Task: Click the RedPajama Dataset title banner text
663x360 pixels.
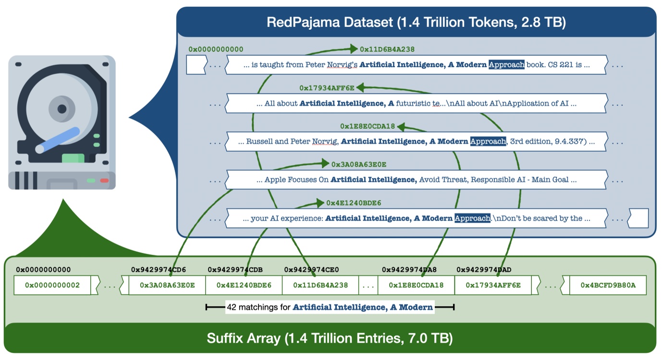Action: (416, 23)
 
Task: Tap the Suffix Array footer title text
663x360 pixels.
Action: (330, 338)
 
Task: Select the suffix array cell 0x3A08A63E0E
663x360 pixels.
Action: (167, 285)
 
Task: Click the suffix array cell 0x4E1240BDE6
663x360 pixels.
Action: (244, 285)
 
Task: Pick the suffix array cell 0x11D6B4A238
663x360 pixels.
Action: (320, 285)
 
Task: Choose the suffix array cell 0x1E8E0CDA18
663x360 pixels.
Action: (416, 285)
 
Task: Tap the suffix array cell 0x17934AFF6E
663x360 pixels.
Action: (493, 285)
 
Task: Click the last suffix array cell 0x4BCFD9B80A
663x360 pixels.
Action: (608, 285)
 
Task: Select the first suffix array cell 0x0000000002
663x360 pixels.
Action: (52, 285)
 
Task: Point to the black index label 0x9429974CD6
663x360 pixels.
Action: (159, 270)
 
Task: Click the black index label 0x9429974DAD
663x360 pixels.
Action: (484, 270)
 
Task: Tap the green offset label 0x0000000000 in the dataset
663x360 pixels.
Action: (216, 49)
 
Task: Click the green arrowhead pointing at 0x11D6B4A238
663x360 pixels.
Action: (354, 49)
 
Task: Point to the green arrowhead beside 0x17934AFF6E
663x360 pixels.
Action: (360, 87)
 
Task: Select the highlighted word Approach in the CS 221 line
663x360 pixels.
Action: (506, 64)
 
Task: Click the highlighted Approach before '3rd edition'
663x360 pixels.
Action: (488, 141)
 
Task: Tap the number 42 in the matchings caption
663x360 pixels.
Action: (232, 307)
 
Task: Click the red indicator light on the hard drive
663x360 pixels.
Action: (104, 180)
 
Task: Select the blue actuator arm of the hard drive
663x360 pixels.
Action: (58, 140)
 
